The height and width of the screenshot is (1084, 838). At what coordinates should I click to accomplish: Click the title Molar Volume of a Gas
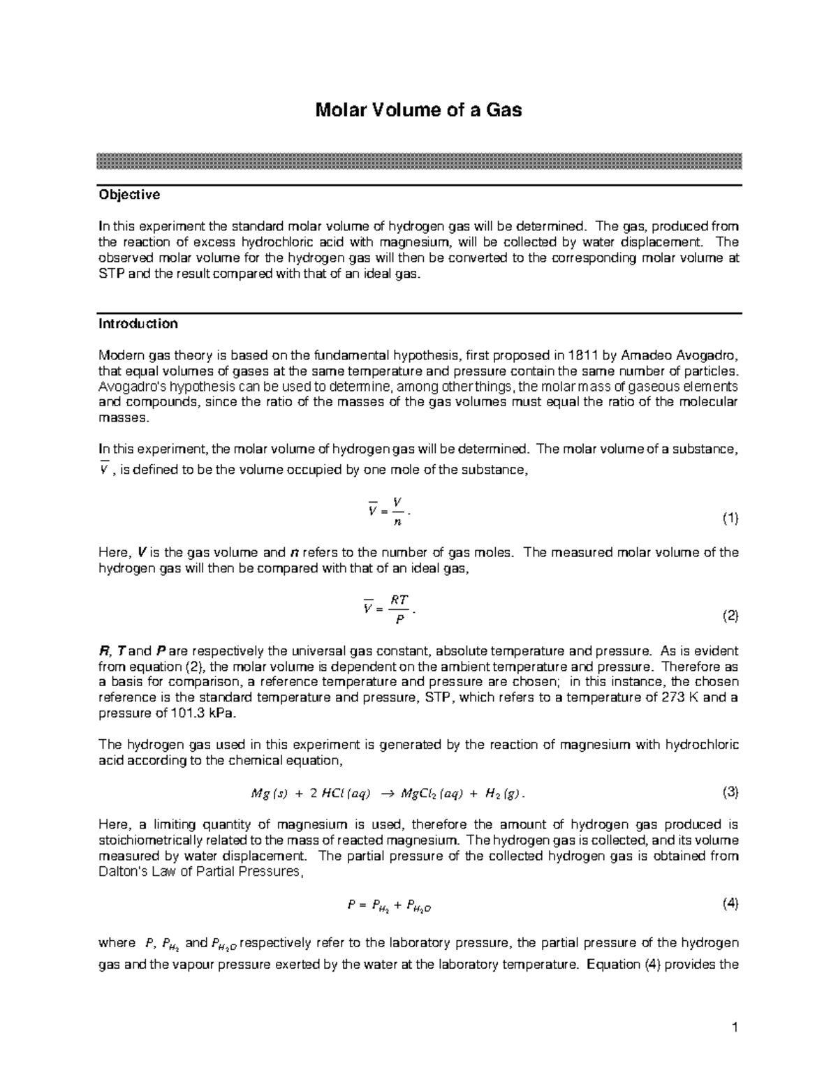(418, 110)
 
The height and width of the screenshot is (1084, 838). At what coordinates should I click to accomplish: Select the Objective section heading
(129, 195)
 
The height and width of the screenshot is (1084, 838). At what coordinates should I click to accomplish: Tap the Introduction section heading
(138, 324)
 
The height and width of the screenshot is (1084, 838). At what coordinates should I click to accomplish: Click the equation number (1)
(730, 518)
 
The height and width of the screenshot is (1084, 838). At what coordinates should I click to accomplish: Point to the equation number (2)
(730, 616)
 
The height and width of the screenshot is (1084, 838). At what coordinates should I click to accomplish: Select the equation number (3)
(730, 792)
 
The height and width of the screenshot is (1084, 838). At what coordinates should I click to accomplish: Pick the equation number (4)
(730, 904)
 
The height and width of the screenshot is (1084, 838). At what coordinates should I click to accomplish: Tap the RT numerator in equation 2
(399, 600)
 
